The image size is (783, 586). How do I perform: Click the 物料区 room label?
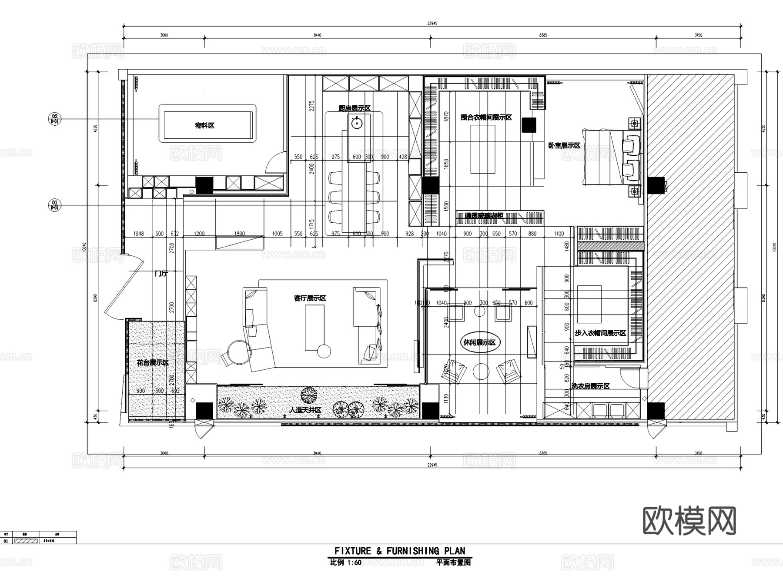coord(204,126)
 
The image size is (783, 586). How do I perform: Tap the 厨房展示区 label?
coord(355,108)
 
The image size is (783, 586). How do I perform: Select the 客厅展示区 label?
coord(310,298)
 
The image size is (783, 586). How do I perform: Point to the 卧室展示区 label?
coord(564,146)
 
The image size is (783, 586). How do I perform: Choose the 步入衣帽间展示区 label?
coord(600,333)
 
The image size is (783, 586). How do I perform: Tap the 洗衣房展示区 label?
coord(590,386)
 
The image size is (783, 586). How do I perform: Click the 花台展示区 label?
coord(153,362)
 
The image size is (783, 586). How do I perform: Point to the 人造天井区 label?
coord(305,410)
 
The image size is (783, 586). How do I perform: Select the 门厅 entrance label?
coord(161,274)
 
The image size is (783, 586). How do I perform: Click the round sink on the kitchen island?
coord(357,123)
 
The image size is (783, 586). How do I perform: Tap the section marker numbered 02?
coord(54,119)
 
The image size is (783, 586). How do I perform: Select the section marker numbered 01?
coord(54,205)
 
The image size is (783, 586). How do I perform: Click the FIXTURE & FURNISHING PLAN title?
coord(399,551)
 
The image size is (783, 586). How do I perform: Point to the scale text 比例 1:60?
coord(346,563)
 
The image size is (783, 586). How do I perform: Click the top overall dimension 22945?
coord(432,23)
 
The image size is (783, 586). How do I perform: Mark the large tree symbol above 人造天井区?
coord(309,395)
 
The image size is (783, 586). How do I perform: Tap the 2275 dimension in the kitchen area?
coord(311,106)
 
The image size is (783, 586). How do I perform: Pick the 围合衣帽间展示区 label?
coord(486,117)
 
